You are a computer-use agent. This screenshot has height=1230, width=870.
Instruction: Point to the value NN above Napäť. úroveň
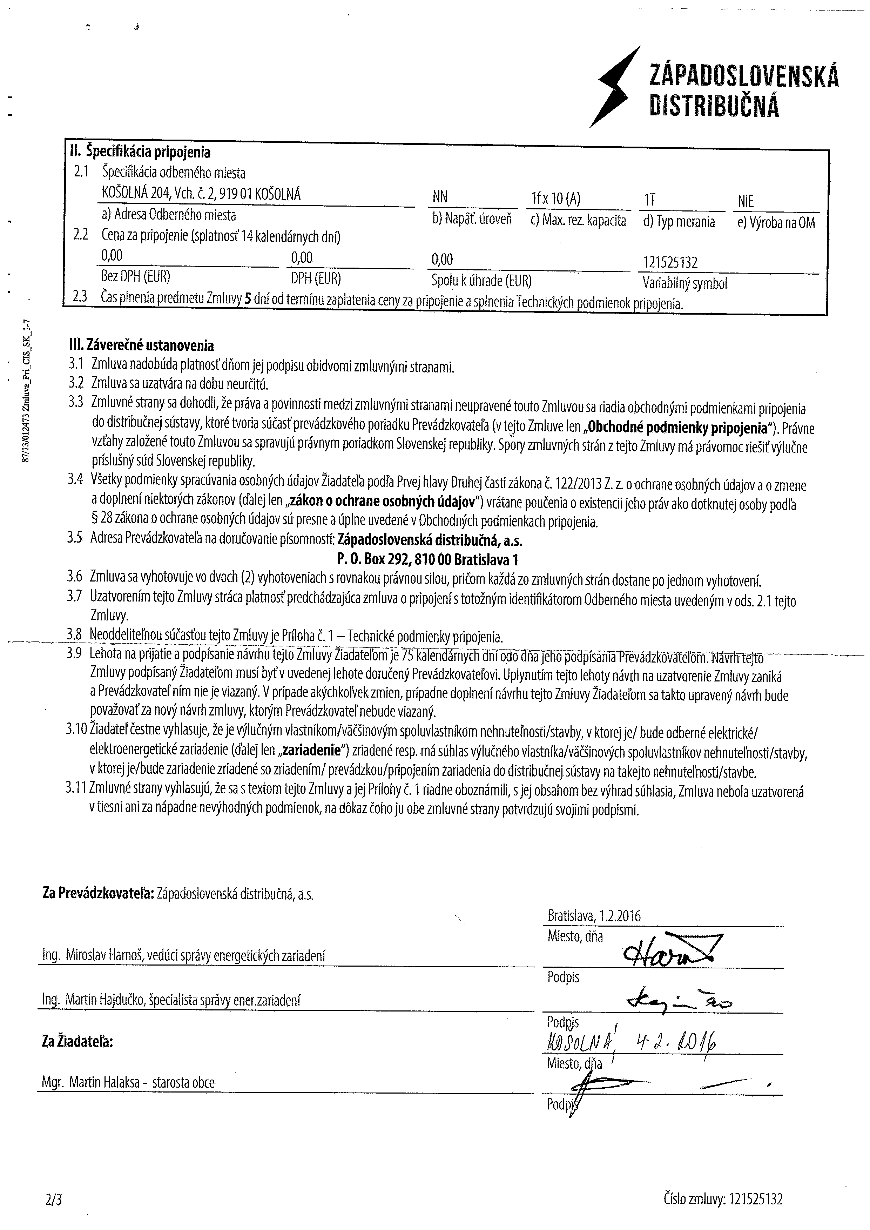pos(440,198)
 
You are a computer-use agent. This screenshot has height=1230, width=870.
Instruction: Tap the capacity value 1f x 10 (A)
pos(555,199)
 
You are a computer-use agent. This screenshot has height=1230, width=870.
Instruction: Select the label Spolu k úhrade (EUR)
pos(481,281)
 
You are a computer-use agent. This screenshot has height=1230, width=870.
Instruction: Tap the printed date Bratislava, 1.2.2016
pos(594,915)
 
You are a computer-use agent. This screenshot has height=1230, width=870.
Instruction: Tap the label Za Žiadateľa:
pos(77,1042)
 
